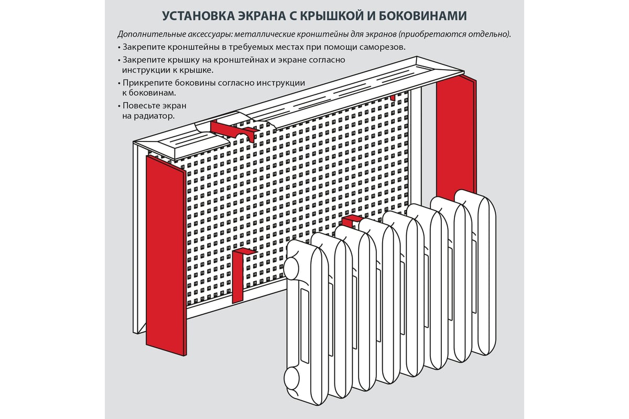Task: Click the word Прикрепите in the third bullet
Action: (147, 83)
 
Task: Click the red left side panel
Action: (166, 256)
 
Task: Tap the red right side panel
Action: (457, 138)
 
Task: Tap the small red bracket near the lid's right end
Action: (393, 97)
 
